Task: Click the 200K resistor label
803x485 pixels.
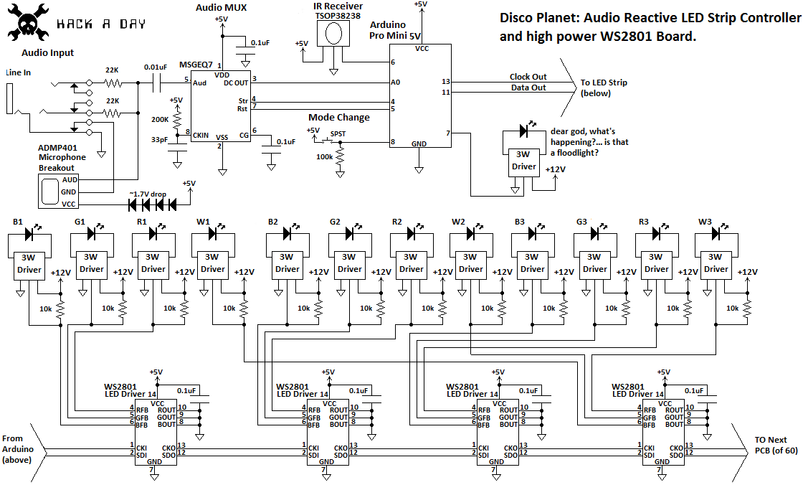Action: [159, 119]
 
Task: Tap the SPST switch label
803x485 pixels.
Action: [337, 134]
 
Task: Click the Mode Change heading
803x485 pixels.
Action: [339, 118]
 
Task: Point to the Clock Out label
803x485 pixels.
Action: [528, 77]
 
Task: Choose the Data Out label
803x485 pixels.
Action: [528, 88]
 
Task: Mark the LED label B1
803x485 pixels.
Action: [18, 222]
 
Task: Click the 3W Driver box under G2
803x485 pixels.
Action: [349, 263]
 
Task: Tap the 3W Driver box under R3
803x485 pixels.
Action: [656, 263]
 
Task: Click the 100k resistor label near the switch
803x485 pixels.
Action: [324, 156]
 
